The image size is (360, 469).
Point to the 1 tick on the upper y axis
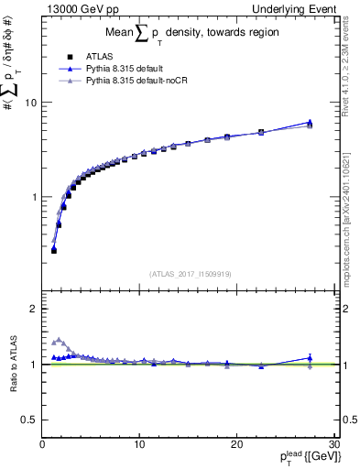tap(34, 197)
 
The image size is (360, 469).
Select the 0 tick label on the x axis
tap(42, 445)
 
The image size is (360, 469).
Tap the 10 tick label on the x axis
tap(138, 445)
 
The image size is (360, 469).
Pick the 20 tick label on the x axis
tap(235, 445)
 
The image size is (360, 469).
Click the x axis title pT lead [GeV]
tap(297, 458)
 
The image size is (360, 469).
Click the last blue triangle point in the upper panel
tap(310, 122)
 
